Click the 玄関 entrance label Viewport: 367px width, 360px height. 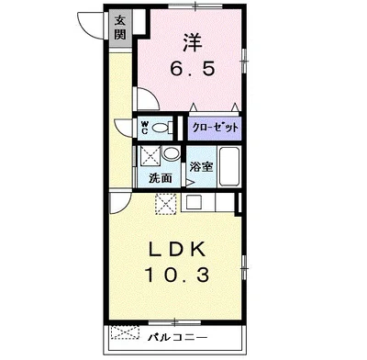pyautogui.click(x=120, y=28)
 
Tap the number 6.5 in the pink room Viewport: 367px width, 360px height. pyautogui.click(x=193, y=68)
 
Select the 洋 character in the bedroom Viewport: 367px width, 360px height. pyautogui.click(x=193, y=42)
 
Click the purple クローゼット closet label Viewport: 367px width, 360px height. pyautogui.click(x=215, y=128)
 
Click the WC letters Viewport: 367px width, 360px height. pyautogui.click(x=144, y=128)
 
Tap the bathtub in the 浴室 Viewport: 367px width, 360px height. pyautogui.click(x=228, y=167)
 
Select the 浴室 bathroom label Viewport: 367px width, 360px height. pyautogui.click(x=201, y=167)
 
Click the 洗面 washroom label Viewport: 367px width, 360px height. pyautogui.click(x=161, y=178)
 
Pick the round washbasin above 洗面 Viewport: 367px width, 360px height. pyautogui.click(x=171, y=152)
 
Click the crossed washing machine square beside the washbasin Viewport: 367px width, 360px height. pyautogui.click(x=150, y=156)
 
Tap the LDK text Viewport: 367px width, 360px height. pyautogui.click(x=177, y=250)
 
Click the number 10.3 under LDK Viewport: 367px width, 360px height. pyautogui.click(x=177, y=275)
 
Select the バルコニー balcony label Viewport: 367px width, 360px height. pyautogui.click(x=178, y=337)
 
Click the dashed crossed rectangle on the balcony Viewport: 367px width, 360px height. pyautogui.click(x=125, y=332)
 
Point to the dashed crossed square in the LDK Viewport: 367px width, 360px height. pyautogui.click(x=166, y=204)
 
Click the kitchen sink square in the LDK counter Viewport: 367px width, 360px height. pyautogui.click(x=194, y=202)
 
